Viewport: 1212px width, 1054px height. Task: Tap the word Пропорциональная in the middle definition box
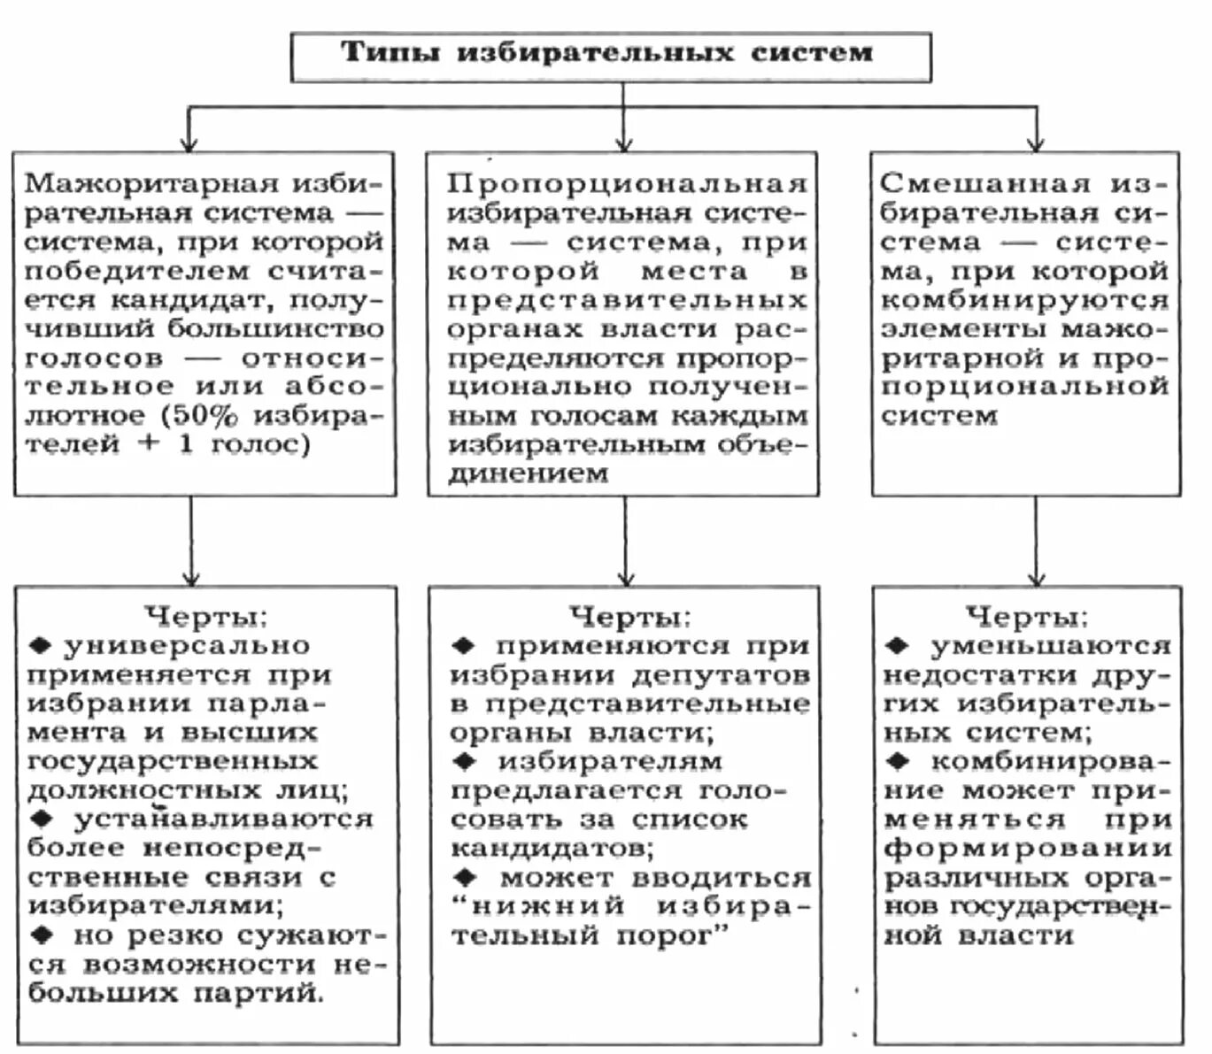[x=627, y=183]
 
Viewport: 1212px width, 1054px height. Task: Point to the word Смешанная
[x=984, y=183]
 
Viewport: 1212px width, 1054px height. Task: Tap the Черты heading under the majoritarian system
[x=205, y=616]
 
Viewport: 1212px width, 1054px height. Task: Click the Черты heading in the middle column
[x=629, y=616]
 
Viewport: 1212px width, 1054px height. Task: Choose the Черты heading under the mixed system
[x=1027, y=616]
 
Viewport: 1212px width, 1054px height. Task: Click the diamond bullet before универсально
[x=40, y=645]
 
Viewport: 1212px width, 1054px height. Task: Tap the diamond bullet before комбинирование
[x=897, y=761]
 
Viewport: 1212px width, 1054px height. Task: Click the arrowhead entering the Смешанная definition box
[x=1036, y=143]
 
